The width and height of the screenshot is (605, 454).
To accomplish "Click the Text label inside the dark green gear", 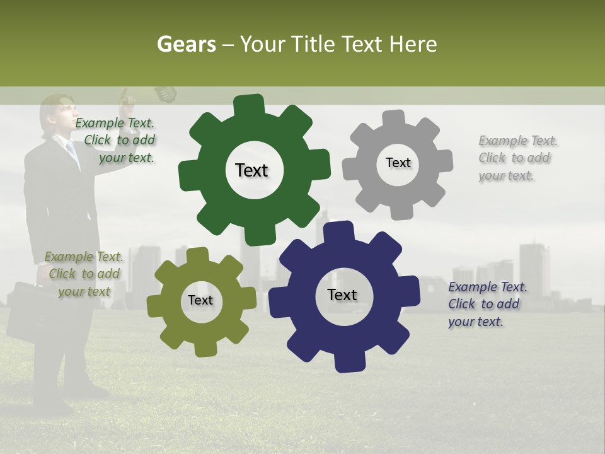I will (251, 170).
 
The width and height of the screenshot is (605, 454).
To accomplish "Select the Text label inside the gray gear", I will (398, 163).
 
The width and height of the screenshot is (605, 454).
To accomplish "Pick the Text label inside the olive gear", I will (200, 300).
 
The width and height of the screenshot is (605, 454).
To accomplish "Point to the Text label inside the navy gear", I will (342, 294).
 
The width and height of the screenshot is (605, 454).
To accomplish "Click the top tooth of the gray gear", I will (394, 119).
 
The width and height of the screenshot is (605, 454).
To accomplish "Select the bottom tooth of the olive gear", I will (202, 347).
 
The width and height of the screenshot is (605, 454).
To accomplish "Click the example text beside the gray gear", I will (517, 158).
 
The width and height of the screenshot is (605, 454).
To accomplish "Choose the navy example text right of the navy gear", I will (487, 304).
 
